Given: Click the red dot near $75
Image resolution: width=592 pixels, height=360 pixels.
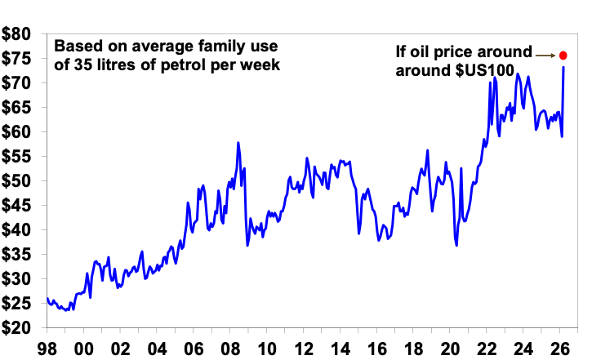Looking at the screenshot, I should pos(563,56).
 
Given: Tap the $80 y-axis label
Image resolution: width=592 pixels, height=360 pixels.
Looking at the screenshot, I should pos(18,35).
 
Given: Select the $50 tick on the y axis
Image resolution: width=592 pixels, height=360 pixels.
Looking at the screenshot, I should pos(18,181).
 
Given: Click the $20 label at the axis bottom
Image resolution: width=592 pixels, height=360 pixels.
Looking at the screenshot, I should pos(18,328).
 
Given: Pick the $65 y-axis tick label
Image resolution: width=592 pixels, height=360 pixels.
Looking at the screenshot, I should pos(18,108).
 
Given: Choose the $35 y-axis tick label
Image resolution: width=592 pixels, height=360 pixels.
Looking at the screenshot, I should pos(18,255).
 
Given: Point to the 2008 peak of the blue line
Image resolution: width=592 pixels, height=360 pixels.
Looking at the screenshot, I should pos(238,143).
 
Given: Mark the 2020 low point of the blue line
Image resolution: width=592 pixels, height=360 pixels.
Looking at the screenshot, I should pos(456,245).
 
